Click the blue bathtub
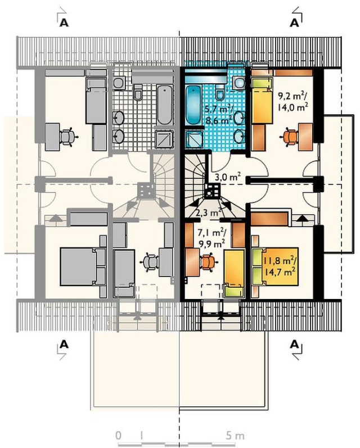[x=194, y=106]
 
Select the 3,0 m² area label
[x=227, y=178]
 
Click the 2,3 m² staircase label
[x=209, y=212]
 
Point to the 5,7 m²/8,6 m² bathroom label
[x=219, y=115]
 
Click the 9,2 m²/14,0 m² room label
[x=292, y=101]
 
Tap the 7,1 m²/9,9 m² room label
[x=211, y=238]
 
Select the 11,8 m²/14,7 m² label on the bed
[x=280, y=266]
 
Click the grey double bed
[x=83, y=266]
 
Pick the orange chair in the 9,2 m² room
[x=290, y=137]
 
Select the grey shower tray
[x=164, y=139]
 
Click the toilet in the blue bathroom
[x=219, y=92]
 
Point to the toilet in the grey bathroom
[x=138, y=92]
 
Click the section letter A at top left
[x=64, y=22]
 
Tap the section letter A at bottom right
[x=294, y=345]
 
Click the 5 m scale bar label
[x=235, y=436]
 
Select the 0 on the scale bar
[x=118, y=436]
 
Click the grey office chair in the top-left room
[x=68, y=137]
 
